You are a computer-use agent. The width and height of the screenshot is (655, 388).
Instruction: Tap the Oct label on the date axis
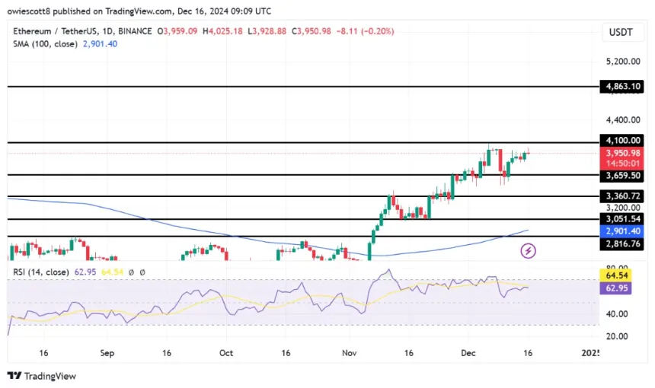click(x=226, y=353)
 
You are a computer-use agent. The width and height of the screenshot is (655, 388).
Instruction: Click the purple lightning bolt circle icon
click(x=528, y=250)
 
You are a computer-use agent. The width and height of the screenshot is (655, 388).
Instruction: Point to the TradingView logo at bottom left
click(x=42, y=376)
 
